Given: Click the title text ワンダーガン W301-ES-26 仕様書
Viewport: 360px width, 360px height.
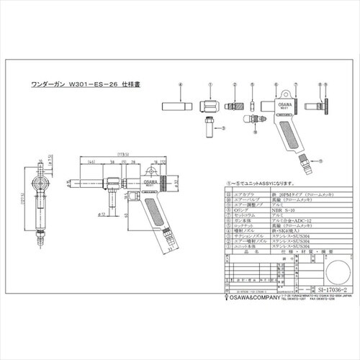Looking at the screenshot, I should coord(105,83).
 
